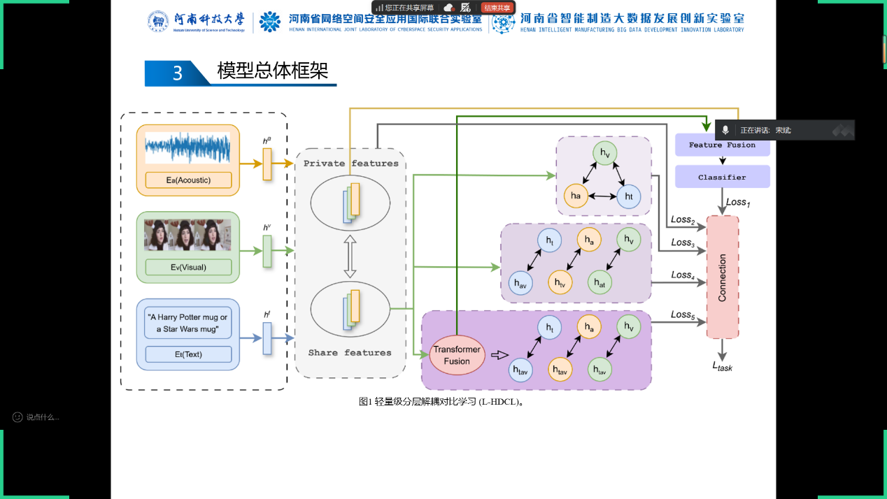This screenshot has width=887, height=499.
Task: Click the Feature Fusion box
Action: click(722, 145)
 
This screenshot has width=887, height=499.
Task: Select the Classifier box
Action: click(722, 178)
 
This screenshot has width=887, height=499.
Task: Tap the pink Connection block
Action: click(723, 277)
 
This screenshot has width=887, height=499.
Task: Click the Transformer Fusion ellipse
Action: click(457, 355)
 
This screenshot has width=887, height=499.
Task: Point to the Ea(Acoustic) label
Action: click(188, 180)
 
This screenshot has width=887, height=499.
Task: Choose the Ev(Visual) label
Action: click(188, 267)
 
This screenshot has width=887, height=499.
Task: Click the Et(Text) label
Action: click(188, 354)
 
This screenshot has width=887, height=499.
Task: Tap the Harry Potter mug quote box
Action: click(187, 323)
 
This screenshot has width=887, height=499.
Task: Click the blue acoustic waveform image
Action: click(187, 150)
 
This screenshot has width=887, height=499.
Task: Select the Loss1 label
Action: click(737, 202)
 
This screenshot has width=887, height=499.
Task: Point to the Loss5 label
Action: click(682, 315)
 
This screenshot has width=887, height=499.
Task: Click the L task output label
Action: click(722, 366)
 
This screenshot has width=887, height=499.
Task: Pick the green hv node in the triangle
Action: click(604, 154)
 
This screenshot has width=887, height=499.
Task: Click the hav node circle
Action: click(520, 282)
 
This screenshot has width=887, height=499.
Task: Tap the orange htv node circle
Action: click(560, 282)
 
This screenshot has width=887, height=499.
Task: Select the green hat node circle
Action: click(599, 282)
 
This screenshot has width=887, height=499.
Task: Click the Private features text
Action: click(350, 164)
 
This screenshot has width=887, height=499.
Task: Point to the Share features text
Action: click(350, 353)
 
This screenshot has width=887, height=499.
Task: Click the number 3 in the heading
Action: click(178, 73)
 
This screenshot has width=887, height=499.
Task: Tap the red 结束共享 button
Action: click(497, 8)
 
